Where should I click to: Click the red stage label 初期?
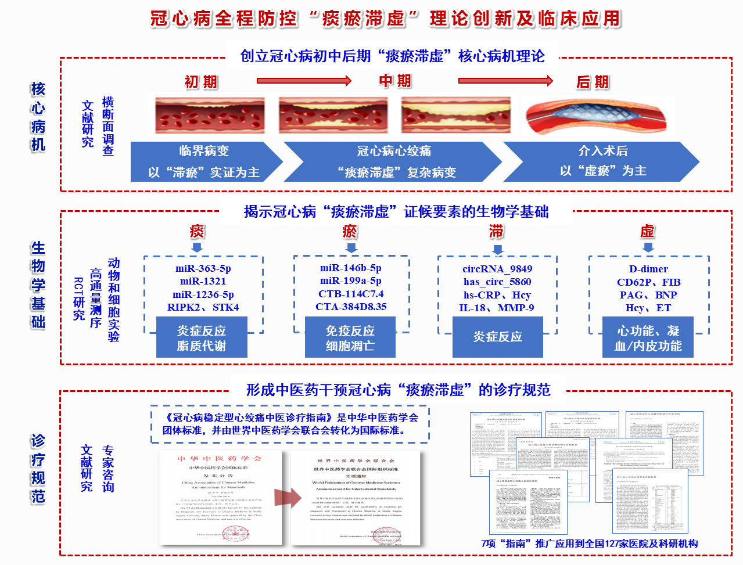[x=201, y=82]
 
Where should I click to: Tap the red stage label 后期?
[x=593, y=82]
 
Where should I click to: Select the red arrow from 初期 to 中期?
[x=304, y=81]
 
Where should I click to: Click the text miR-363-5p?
[x=203, y=268]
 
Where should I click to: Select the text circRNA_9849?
[x=497, y=269]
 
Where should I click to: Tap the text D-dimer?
[x=648, y=269]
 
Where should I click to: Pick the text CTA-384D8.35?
[x=351, y=307]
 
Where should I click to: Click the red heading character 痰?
[x=198, y=232]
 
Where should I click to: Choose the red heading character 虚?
[x=648, y=232]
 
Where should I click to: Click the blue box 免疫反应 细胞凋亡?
[x=350, y=338]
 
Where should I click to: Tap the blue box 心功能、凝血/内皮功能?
[x=648, y=338]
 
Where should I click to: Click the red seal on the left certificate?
[x=236, y=534]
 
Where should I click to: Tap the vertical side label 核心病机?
[x=38, y=117]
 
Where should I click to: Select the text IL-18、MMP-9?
[x=497, y=308]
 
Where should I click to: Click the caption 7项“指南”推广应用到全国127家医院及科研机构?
[x=590, y=544]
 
